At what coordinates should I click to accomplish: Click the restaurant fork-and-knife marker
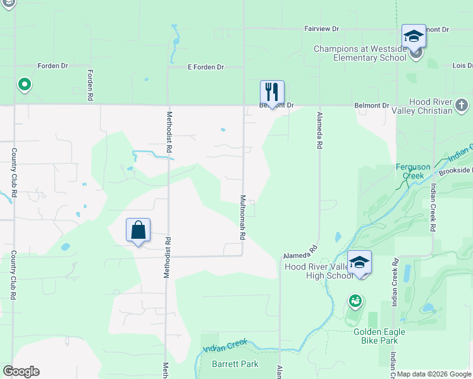(272, 92)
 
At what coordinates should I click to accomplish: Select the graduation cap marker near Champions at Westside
(414, 36)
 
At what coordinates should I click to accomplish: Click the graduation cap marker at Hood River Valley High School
(359, 262)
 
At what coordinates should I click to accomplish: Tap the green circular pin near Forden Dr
(24, 84)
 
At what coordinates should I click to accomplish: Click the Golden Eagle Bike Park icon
(356, 301)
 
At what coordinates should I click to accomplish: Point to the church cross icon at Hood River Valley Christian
(462, 105)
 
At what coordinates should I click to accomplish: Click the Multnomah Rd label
(242, 216)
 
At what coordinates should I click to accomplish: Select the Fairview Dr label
(321, 29)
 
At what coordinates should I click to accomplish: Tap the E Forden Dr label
(206, 67)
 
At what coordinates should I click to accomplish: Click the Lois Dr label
(462, 66)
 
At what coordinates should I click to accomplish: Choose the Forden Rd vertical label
(90, 85)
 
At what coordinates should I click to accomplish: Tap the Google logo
(21, 371)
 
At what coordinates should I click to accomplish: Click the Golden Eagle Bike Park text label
(376, 336)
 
